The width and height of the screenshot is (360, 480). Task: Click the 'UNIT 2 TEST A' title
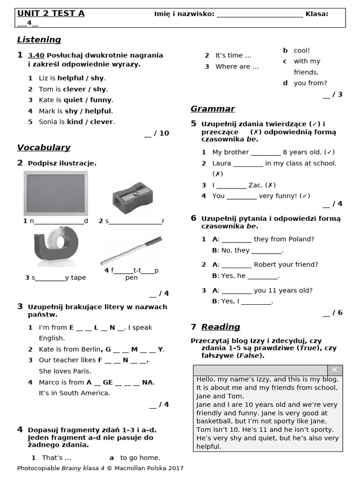(51, 14)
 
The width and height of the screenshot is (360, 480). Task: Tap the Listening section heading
(39, 40)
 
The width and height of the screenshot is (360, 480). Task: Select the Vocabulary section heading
(44, 148)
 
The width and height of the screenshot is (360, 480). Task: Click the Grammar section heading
(212, 109)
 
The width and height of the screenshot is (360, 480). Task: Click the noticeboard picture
(55, 193)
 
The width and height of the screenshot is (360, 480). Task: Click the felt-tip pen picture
(131, 250)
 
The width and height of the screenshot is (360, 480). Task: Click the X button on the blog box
(334, 370)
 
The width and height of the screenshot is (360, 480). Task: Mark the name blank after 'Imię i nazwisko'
(260, 14)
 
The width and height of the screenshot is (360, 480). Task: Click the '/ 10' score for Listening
(157, 133)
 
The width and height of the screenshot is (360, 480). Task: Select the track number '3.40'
(36, 55)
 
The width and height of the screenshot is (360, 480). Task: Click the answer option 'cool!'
(302, 50)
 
